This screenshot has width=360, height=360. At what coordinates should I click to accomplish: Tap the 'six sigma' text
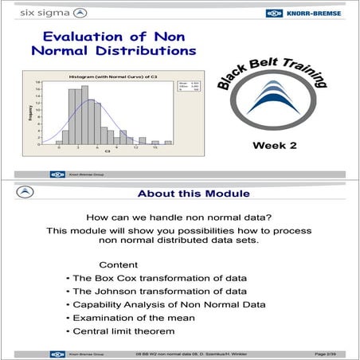[x=37, y=14]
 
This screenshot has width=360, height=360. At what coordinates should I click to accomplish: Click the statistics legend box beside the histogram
[x=160, y=87]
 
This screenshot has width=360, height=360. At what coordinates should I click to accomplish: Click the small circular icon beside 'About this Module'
[x=27, y=192]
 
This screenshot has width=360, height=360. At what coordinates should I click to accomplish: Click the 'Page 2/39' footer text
[x=330, y=352]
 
